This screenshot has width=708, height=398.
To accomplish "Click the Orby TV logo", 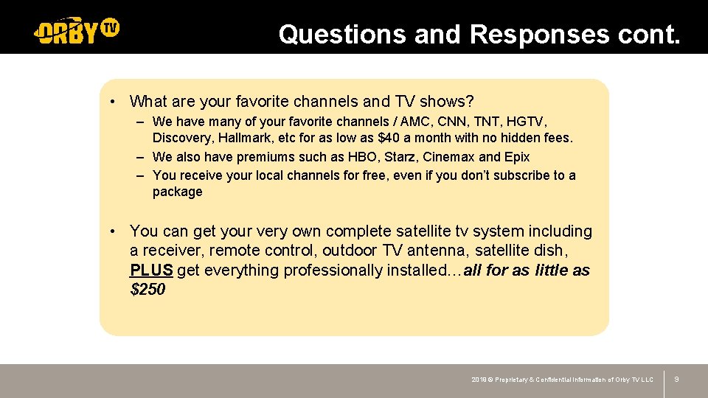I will tap(77, 31).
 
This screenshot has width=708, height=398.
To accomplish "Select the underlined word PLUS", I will tap(151, 270).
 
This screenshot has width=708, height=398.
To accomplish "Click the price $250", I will tap(147, 290).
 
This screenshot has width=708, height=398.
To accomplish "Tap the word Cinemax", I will tap(448, 157).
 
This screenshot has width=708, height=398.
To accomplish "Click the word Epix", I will tap(517, 157).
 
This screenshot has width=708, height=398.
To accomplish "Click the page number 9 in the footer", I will tap(676, 379).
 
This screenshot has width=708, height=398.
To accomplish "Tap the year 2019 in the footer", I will tap(479, 380).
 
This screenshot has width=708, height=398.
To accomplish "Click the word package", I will tap(177, 192).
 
